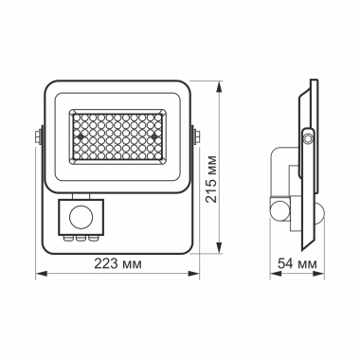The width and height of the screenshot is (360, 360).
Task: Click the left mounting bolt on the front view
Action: (36, 137)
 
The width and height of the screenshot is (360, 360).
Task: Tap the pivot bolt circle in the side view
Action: (307, 139)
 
